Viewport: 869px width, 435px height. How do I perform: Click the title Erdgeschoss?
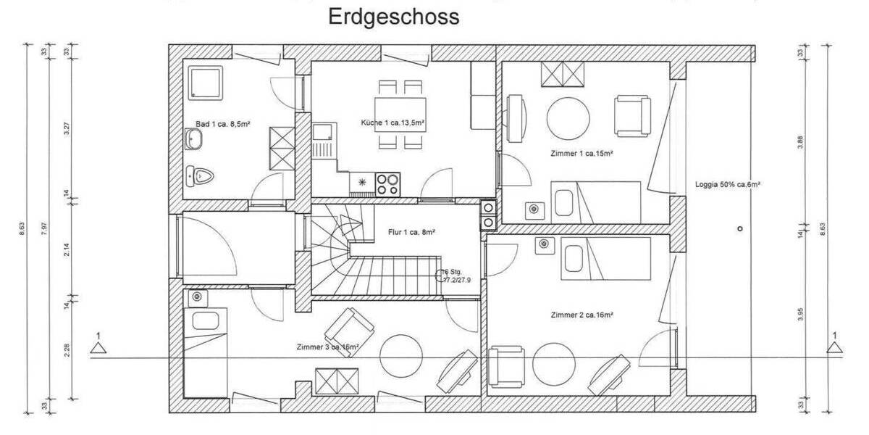[394, 17]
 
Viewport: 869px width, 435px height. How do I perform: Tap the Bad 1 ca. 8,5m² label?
[222, 124]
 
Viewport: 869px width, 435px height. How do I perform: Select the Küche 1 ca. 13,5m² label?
[392, 123]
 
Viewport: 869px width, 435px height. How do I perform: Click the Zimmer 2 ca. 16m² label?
[582, 315]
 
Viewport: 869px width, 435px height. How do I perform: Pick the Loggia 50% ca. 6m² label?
[726, 184]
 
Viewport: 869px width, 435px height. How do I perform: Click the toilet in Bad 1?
[200, 175]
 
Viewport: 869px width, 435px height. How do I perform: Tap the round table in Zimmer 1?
[569, 116]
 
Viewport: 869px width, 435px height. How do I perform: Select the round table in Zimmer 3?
[401, 354]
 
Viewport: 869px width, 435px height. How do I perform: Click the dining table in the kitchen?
[399, 115]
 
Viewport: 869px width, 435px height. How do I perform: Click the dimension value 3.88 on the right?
[800, 142]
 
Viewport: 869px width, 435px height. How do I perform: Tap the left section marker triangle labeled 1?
[98, 348]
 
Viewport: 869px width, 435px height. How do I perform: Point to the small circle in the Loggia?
[739, 228]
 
